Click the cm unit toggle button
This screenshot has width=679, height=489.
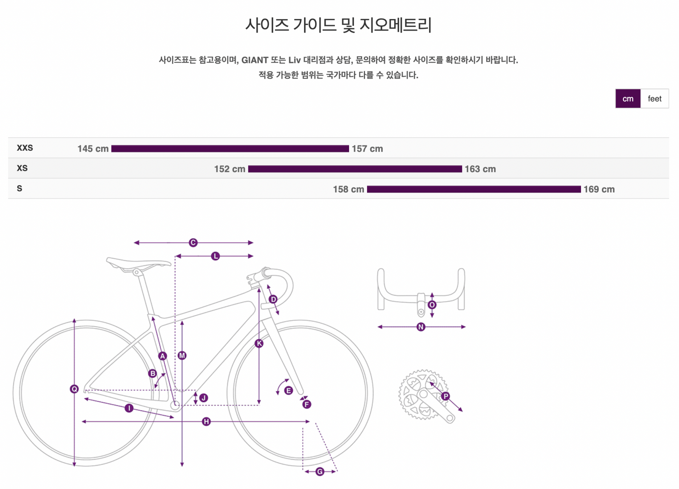(628, 99)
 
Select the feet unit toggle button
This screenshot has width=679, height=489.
(654, 99)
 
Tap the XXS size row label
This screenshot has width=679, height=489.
(25, 148)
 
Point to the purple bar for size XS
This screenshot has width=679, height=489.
(355, 169)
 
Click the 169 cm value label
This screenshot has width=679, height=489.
(599, 190)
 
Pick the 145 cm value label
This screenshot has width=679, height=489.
(93, 149)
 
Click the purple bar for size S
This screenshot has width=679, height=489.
(474, 190)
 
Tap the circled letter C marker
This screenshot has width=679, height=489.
(193, 243)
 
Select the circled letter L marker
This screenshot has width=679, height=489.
(215, 256)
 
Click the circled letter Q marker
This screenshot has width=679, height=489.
(74, 389)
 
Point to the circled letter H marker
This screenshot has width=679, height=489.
(206, 421)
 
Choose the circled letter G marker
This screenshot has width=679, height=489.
(320, 471)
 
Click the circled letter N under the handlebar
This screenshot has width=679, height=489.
(421, 327)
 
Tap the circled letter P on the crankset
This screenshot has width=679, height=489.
(446, 396)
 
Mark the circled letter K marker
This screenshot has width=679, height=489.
(259, 343)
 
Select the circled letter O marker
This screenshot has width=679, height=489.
(432, 305)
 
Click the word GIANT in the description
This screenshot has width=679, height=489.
(255, 60)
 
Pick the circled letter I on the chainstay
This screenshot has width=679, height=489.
(129, 408)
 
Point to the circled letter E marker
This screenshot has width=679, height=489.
(289, 390)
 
